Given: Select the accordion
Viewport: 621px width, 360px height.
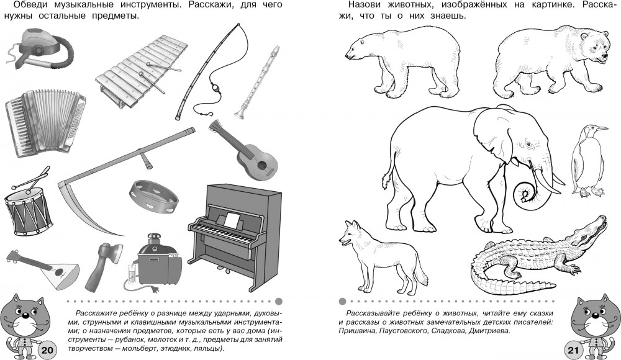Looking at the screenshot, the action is point(45,123).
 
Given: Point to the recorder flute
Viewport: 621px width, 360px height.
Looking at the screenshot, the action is point(258,82).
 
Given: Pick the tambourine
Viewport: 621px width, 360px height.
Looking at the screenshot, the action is point(153,197).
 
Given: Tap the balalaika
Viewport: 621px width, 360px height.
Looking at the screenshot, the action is point(42,268).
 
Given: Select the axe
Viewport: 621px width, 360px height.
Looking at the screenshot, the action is point(103,266).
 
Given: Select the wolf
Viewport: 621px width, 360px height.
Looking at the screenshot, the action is point(380,253).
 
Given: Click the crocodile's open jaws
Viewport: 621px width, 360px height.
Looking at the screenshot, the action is point(592,230).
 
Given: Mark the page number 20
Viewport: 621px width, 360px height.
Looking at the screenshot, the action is point(47,349).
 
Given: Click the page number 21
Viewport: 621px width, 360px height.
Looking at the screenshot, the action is point(573,349).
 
